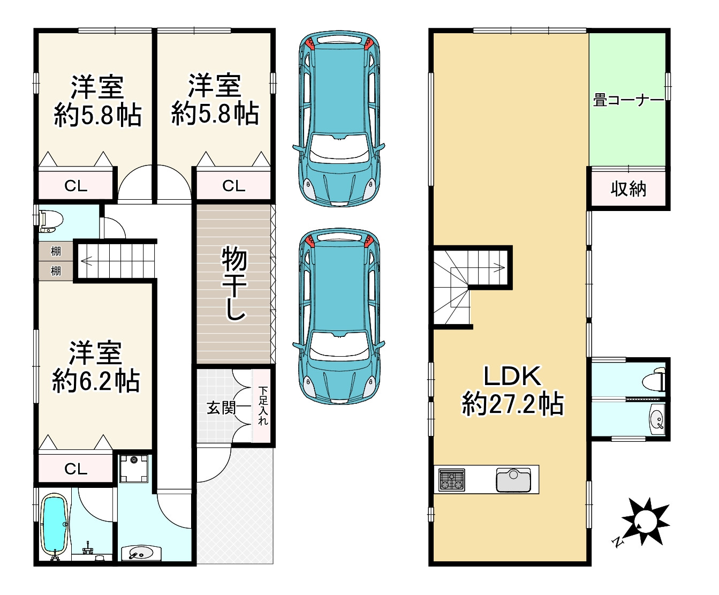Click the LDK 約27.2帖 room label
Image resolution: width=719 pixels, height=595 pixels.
[512, 390]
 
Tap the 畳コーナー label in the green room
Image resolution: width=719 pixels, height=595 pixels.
[627, 100]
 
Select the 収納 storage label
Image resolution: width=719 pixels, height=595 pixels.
[629, 189]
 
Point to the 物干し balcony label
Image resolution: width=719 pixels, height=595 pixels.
[234, 283]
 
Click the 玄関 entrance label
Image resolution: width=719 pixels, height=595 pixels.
[221, 408]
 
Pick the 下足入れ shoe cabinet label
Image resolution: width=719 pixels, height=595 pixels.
[262, 406]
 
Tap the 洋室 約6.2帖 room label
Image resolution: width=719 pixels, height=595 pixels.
[96, 367]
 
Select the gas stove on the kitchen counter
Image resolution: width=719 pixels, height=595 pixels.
[452, 479]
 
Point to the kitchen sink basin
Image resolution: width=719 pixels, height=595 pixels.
[513, 480]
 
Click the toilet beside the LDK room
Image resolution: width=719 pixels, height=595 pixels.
[654, 381]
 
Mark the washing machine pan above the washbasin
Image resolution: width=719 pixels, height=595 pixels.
[133, 469]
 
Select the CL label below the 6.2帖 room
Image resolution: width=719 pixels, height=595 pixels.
[75, 469]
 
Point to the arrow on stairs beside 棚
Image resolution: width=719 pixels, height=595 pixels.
[86, 261]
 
